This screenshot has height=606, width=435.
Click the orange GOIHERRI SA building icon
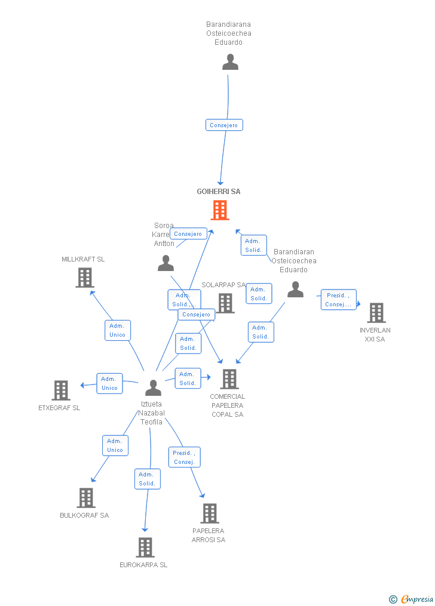tap(220, 210)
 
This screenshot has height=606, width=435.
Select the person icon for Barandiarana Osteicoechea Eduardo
tap(230, 62)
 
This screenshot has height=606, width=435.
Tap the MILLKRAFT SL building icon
tap(85, 277)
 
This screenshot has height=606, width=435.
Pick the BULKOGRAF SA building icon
tap(86, 497)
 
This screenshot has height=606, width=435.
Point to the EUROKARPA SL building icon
tap(145, 547)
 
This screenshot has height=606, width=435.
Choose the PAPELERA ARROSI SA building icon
tap(210, 513)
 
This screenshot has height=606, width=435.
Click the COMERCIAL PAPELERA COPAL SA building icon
tap(229, 379)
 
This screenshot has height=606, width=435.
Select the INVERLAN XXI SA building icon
tap(376, 312)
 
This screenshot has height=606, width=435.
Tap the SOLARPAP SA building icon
tap(225, 303)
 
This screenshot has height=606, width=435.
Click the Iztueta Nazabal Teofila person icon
tap(154, 388)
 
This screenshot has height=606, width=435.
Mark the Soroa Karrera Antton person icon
tap(166, 263)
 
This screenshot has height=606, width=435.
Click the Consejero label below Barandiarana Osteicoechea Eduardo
tap(224, 125)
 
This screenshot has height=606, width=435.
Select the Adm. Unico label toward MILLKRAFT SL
tap(118, 330)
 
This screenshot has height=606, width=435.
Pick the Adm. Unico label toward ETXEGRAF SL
tap(109, 383)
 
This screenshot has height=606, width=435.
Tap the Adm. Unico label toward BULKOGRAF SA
tap(115, 445)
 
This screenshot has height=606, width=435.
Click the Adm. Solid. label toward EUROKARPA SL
tap(147, 479)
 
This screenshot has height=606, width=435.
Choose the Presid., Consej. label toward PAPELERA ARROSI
tap(184, 457)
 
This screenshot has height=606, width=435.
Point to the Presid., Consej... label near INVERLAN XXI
tap(338, 300)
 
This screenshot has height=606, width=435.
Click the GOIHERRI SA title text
tap(219, 192)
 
